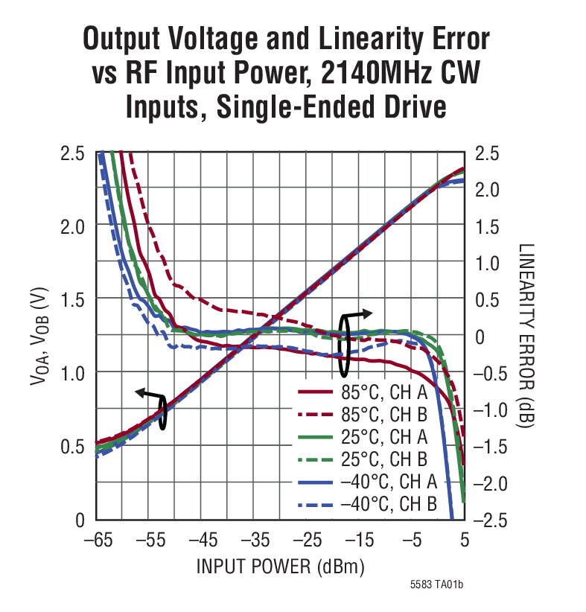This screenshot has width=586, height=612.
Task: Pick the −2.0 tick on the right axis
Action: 491,483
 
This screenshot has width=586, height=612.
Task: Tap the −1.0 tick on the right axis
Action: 491,409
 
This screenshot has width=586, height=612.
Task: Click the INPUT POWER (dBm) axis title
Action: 280,567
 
